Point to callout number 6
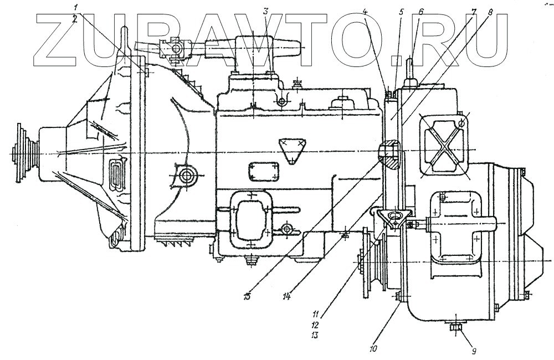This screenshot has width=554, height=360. click(x=421, y=11)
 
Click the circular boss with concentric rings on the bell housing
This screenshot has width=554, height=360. click(x=186, y=176)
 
